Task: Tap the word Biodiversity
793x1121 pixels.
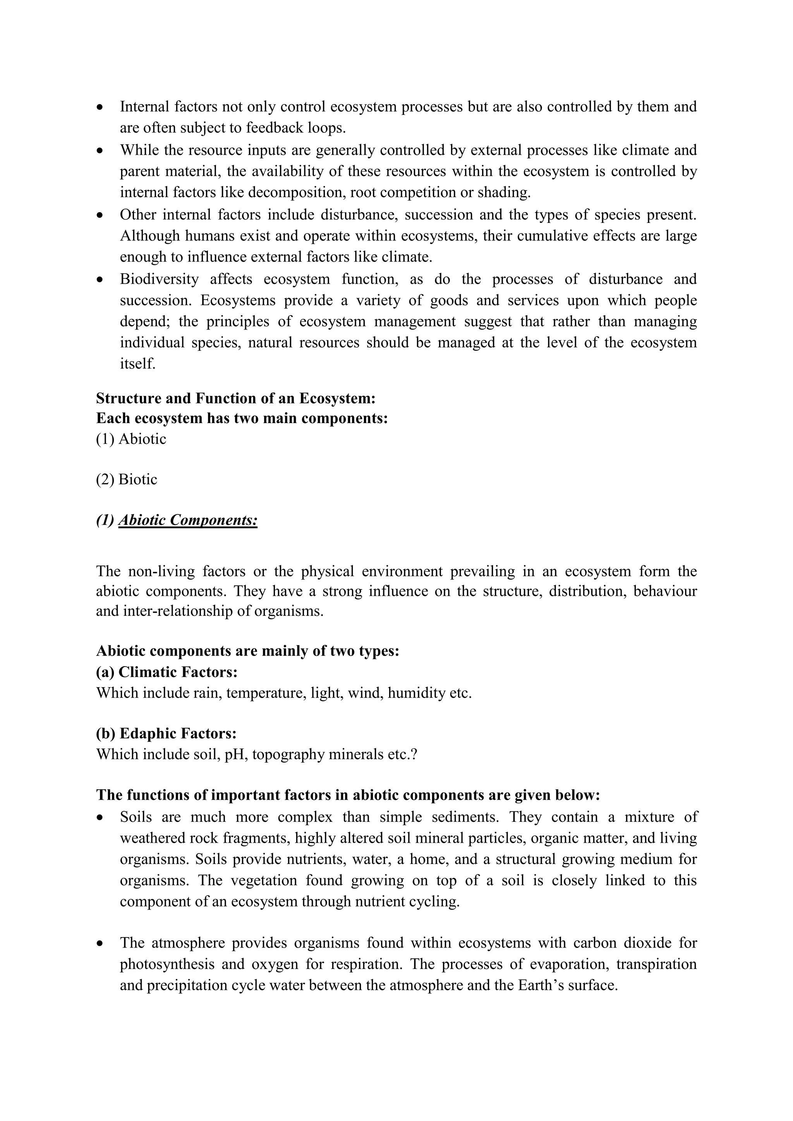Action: [x=159, y=279]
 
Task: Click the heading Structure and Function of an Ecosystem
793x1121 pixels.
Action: [x=235, y=398]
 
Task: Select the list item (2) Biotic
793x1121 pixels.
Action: [x=127, y=480]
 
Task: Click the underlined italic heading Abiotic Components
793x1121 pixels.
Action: [x=188, y=521]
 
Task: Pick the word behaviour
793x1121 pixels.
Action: [x=665, y=591]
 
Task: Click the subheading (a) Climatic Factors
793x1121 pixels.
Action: [x=166, y=672]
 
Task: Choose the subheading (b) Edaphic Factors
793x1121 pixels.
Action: [x=166, y=734]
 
